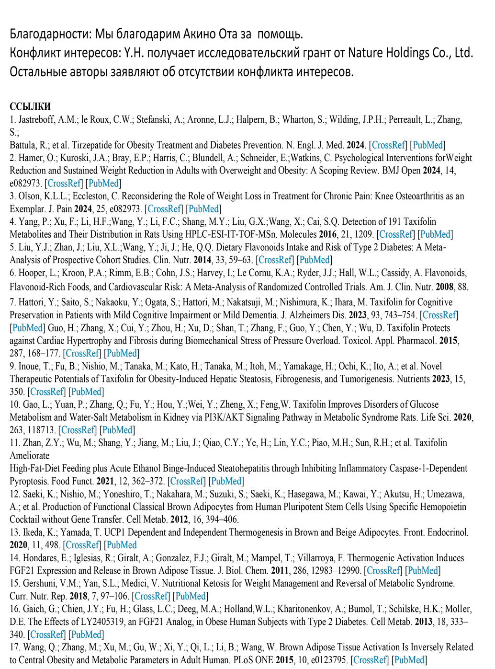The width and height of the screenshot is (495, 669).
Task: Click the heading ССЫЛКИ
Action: click(x=30, y=106)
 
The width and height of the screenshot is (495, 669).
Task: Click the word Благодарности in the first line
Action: click(x=50, y=34)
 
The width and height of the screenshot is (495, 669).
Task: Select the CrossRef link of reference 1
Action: click(x=388, y=145)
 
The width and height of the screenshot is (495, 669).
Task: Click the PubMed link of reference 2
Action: click(x=103, y=183)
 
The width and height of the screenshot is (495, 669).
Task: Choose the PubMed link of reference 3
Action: click(x=203, y=208)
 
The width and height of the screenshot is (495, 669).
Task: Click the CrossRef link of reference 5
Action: click(x=275, y=260)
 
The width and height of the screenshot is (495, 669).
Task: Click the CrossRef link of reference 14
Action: click(x=383, y=570)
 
